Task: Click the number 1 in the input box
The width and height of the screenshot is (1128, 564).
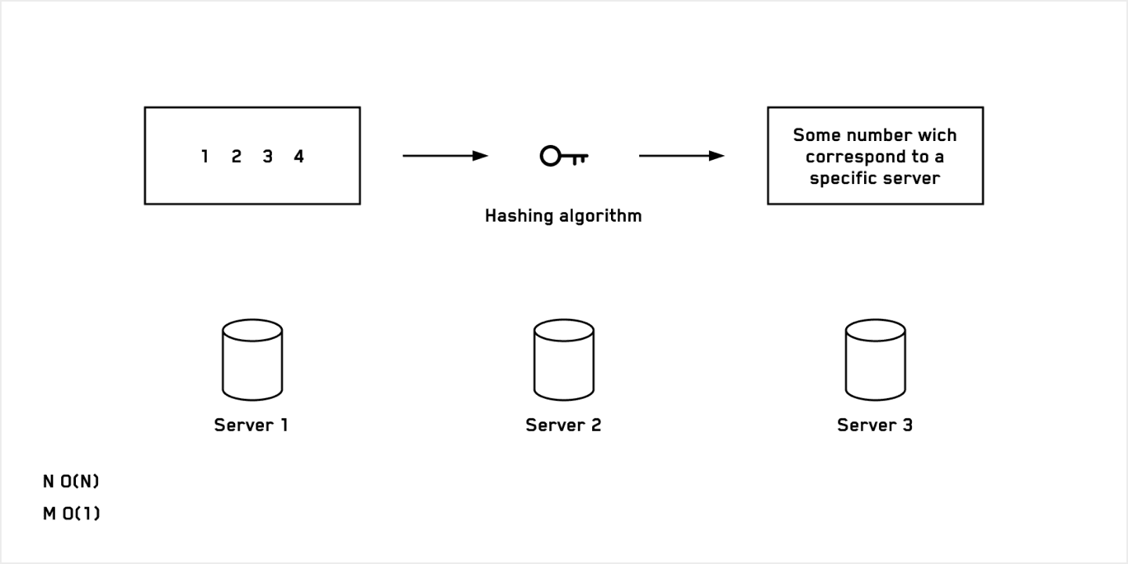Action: tap(204, 157)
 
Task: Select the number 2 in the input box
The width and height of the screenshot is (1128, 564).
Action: tap(236, 157)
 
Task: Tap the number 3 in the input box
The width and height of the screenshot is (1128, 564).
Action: tap(267, 157)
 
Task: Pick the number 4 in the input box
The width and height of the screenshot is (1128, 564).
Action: tap(298, 157)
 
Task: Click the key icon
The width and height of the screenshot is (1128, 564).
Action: tap(563, 157)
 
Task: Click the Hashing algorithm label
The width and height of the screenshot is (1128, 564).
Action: tap(563, 215)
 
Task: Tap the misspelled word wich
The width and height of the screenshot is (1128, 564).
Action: tap(937, 135)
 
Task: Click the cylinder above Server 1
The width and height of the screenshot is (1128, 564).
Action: tap(252, 360)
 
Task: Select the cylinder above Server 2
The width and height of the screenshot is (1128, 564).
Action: tap(563, 360)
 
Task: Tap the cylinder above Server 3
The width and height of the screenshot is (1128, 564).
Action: tap(875, 360)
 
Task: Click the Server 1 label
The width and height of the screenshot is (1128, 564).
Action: tap(251, 425)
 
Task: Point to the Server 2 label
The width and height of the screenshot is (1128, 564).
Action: tap(563, 425)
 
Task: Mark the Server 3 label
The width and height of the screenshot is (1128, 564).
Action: tap(875, 425)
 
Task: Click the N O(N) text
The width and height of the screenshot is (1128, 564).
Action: tap(71, 482)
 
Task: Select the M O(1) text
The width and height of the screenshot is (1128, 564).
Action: tap(71, 515)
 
